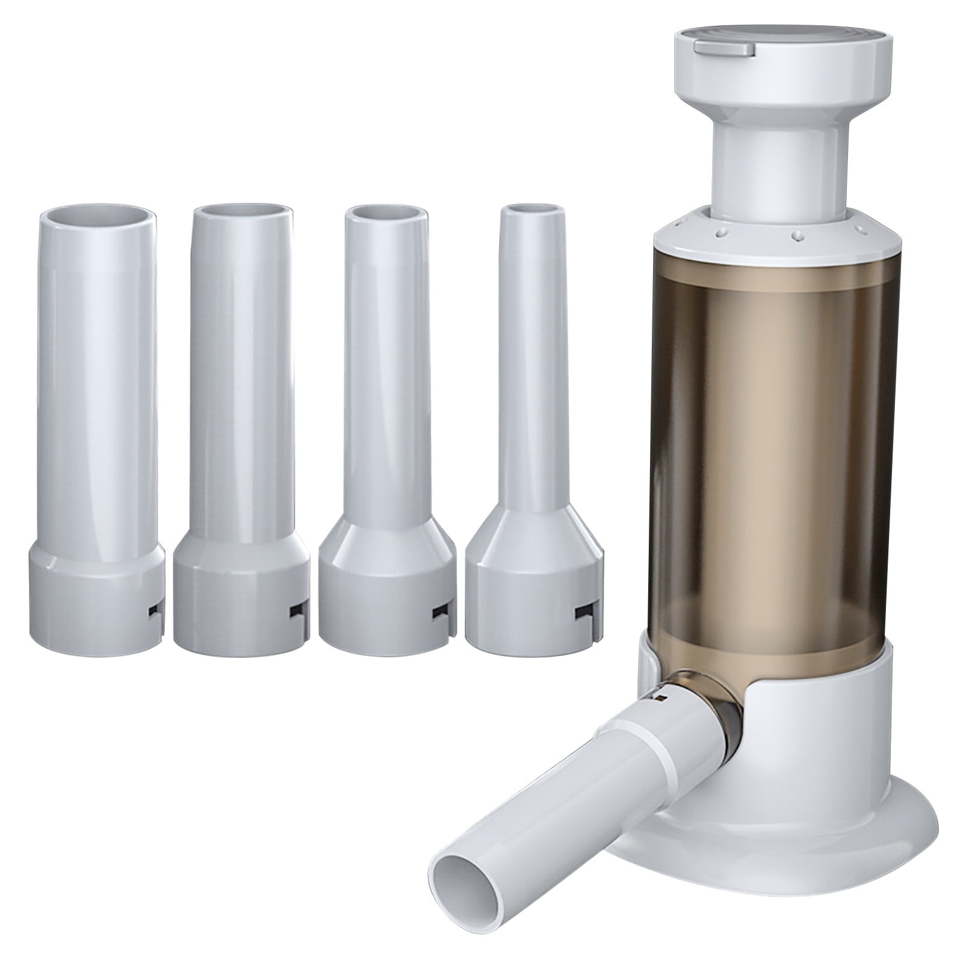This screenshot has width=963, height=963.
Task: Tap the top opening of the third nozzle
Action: coord(385,212)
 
